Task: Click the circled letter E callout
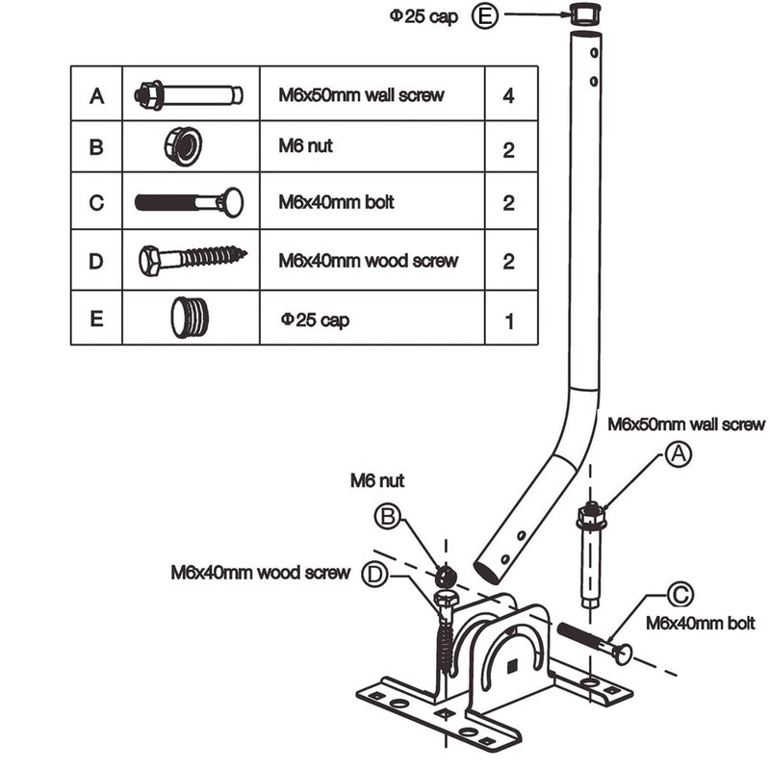click(x=485, y=15)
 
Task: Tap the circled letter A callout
click(x=679, y=454)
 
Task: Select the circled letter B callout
click(x=388, y=517)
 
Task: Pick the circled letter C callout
click(x=680, y=595)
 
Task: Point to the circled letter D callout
click(x=374, y=574)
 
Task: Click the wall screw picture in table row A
click(x=189, y=94)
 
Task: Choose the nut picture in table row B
click(x=183, y=146)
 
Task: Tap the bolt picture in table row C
click(x=189, y=202)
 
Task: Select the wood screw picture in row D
click(x=193, y=259)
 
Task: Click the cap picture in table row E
click(x=190, y=318)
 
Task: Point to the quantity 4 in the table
click(x=509, y=95)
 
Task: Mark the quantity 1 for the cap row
click(x=509, y=321)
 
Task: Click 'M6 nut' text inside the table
click(x=305, y=146)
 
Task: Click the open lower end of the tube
click(x=487, y=572)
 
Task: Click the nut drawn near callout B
click(x=446, y=576)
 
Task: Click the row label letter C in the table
click(x=97, y=202)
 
